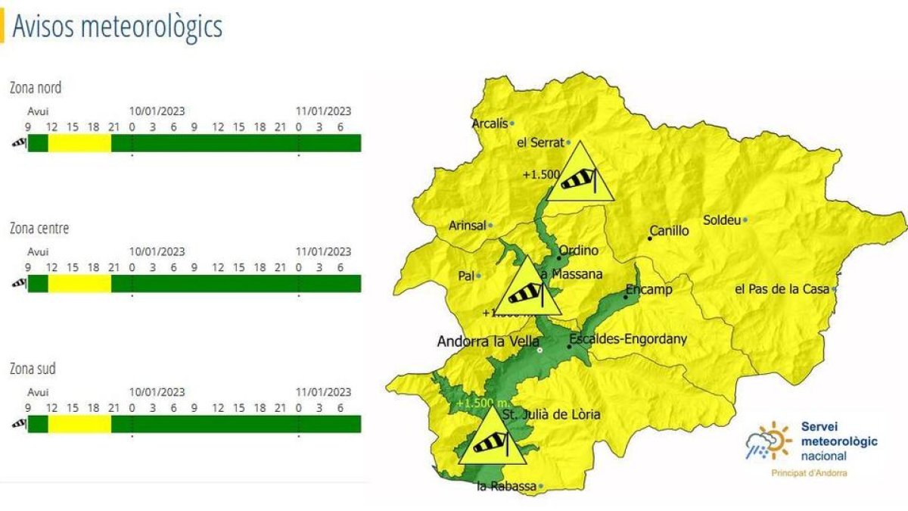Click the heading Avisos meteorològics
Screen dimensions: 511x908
tap(117, 26)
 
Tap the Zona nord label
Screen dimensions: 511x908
tap(36, 88)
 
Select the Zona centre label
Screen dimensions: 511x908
tap(39, 228)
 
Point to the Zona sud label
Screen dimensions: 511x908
tap(33, 369)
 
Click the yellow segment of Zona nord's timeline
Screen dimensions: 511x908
tap(79, 143)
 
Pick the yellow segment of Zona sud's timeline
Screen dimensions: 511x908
tap(79, 424)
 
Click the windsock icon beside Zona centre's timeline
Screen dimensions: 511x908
tap(18, 283)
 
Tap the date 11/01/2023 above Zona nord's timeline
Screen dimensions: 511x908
tap(323, 111)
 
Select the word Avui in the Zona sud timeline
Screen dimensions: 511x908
tap(38, 392)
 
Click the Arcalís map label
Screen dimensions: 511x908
tap(490, 123)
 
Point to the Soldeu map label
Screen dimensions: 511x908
tap(721, 220)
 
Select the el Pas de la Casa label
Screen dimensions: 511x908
tap(782, 289)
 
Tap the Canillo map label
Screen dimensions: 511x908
tap(670, 231)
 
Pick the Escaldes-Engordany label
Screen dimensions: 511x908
tap(628, 339)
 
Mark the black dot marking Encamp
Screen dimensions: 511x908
tap(625, 298)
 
